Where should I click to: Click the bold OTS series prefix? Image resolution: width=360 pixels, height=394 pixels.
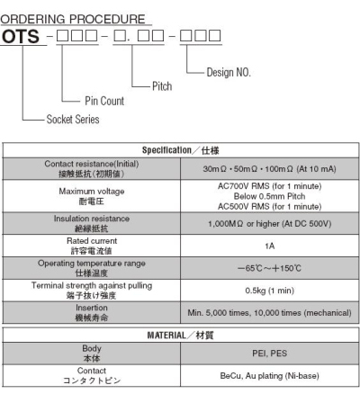point(21,36)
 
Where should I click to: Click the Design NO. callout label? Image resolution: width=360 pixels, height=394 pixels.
point(229,72)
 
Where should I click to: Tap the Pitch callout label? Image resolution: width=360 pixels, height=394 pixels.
point(162,86)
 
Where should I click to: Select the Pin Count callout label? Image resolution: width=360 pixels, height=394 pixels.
point(104,101)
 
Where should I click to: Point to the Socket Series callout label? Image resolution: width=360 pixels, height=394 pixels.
point(73,119)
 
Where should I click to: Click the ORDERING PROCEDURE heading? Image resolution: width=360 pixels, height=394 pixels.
point(73,19)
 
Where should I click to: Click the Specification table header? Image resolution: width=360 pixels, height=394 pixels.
point(180,150)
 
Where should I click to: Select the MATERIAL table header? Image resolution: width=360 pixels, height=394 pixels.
point(180,335)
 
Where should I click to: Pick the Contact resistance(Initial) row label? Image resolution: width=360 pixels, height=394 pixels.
point(92,164)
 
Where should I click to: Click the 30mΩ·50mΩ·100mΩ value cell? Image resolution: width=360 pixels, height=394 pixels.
point(269,169)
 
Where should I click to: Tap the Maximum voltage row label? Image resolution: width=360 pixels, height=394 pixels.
point(92,192)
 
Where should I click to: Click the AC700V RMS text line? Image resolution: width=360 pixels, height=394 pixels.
point(269,186)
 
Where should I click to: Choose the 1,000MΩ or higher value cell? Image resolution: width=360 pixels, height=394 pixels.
point(269,224)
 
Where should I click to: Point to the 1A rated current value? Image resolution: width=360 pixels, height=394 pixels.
point(269,246)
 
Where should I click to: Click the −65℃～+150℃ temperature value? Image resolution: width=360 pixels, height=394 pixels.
point(269,268)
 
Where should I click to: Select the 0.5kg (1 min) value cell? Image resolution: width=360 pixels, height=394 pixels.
point(269,291)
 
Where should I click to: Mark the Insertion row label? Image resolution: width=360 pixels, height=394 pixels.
point(92,308)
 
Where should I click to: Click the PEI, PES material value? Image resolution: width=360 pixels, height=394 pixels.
point(269,354)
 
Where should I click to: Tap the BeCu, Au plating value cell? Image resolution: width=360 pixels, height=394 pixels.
point(269,376)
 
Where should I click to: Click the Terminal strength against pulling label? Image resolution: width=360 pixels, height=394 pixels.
point(92,285)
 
